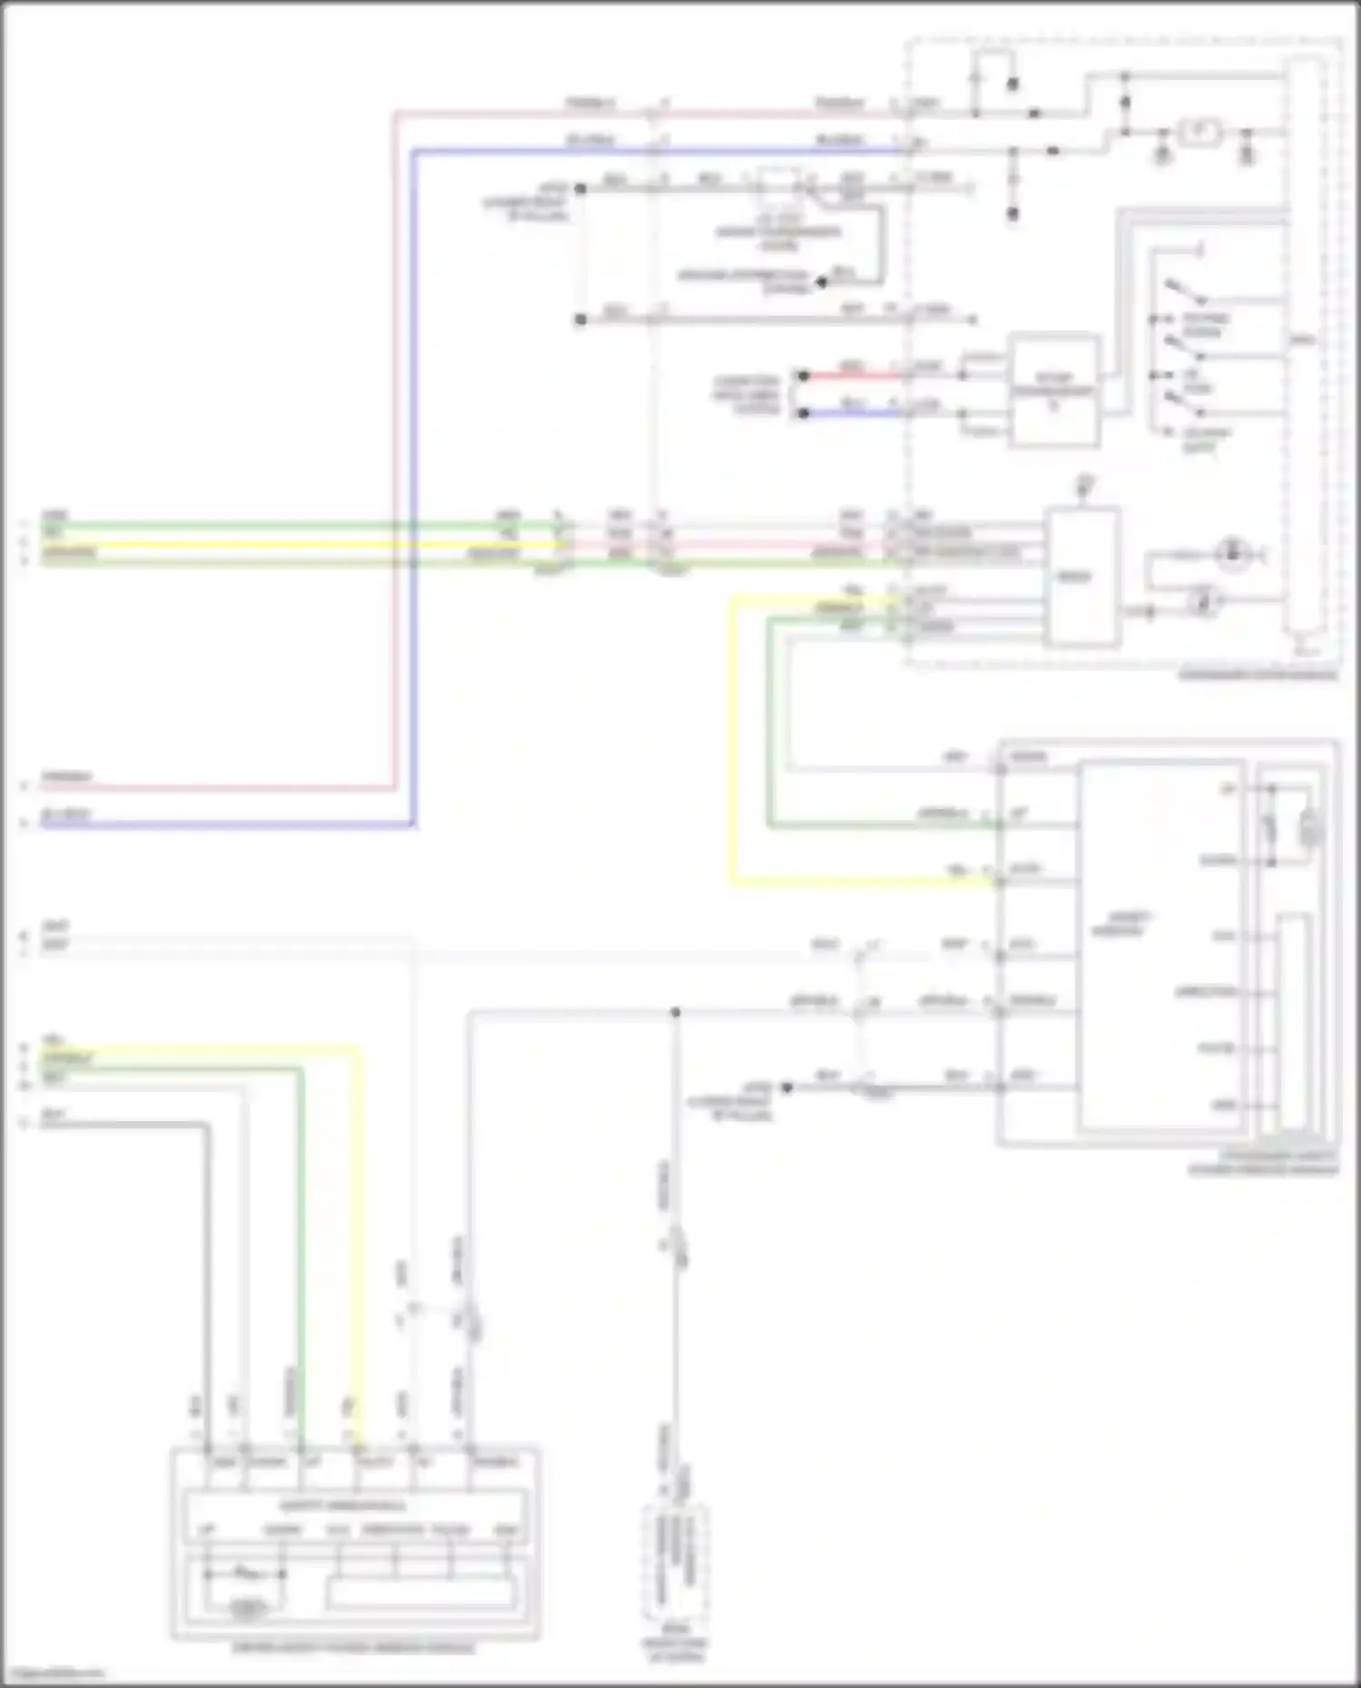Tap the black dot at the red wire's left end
802,375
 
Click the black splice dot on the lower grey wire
675,1012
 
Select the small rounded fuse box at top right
1202,132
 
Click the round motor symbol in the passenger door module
1231,554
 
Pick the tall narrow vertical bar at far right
1303,345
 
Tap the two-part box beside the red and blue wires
1053,391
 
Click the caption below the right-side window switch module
1264,1164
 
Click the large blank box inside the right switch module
1160,943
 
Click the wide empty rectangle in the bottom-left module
421,1595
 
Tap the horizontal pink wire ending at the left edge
218,787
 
